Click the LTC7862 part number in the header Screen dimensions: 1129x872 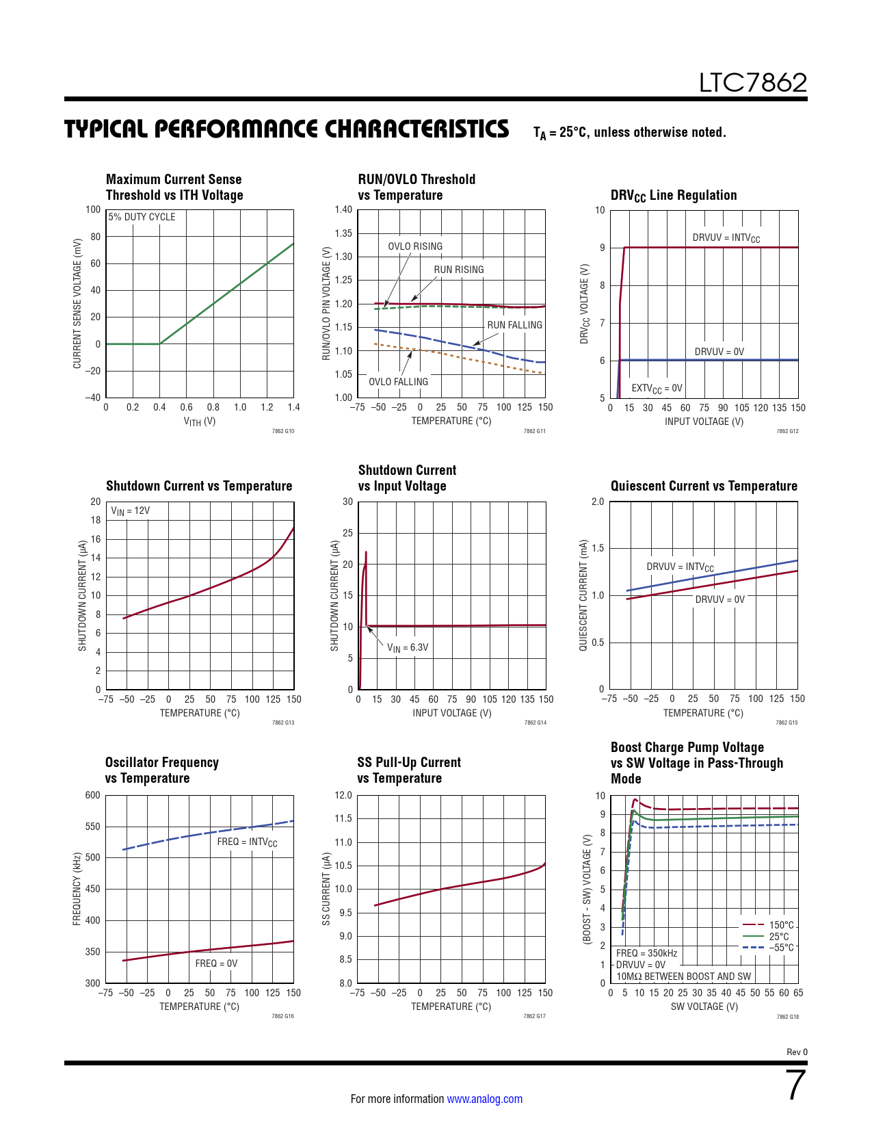coord(752,83)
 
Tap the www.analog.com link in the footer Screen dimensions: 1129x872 coord(484,1099)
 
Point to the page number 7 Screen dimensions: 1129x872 coord(796,1085)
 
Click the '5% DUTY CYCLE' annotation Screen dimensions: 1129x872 coord(142,217)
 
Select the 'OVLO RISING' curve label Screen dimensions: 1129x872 coord(415,246)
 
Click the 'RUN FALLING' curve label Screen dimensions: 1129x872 coord(514,325)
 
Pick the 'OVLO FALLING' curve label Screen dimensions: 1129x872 coord(398,382)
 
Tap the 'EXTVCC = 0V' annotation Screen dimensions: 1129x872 coord(657,388)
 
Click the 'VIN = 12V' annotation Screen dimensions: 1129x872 coord(130,511)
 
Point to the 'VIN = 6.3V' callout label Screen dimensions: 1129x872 coord(408,647)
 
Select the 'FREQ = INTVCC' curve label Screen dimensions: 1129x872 coord(247,842)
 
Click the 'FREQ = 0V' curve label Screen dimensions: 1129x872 coord(216,963)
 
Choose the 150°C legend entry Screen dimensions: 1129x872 coord(781,925)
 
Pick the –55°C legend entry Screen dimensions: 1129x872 coord(781,948)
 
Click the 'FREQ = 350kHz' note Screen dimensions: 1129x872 coord(646,953)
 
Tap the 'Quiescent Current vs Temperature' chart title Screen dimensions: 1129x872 coord(704,486)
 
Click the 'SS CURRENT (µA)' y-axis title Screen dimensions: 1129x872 coord(326,889)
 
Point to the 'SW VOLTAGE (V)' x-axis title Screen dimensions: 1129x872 coord(704,1007)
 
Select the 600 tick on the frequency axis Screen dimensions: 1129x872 coord(92,795)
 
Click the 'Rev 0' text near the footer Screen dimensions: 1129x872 coord(797,1052)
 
